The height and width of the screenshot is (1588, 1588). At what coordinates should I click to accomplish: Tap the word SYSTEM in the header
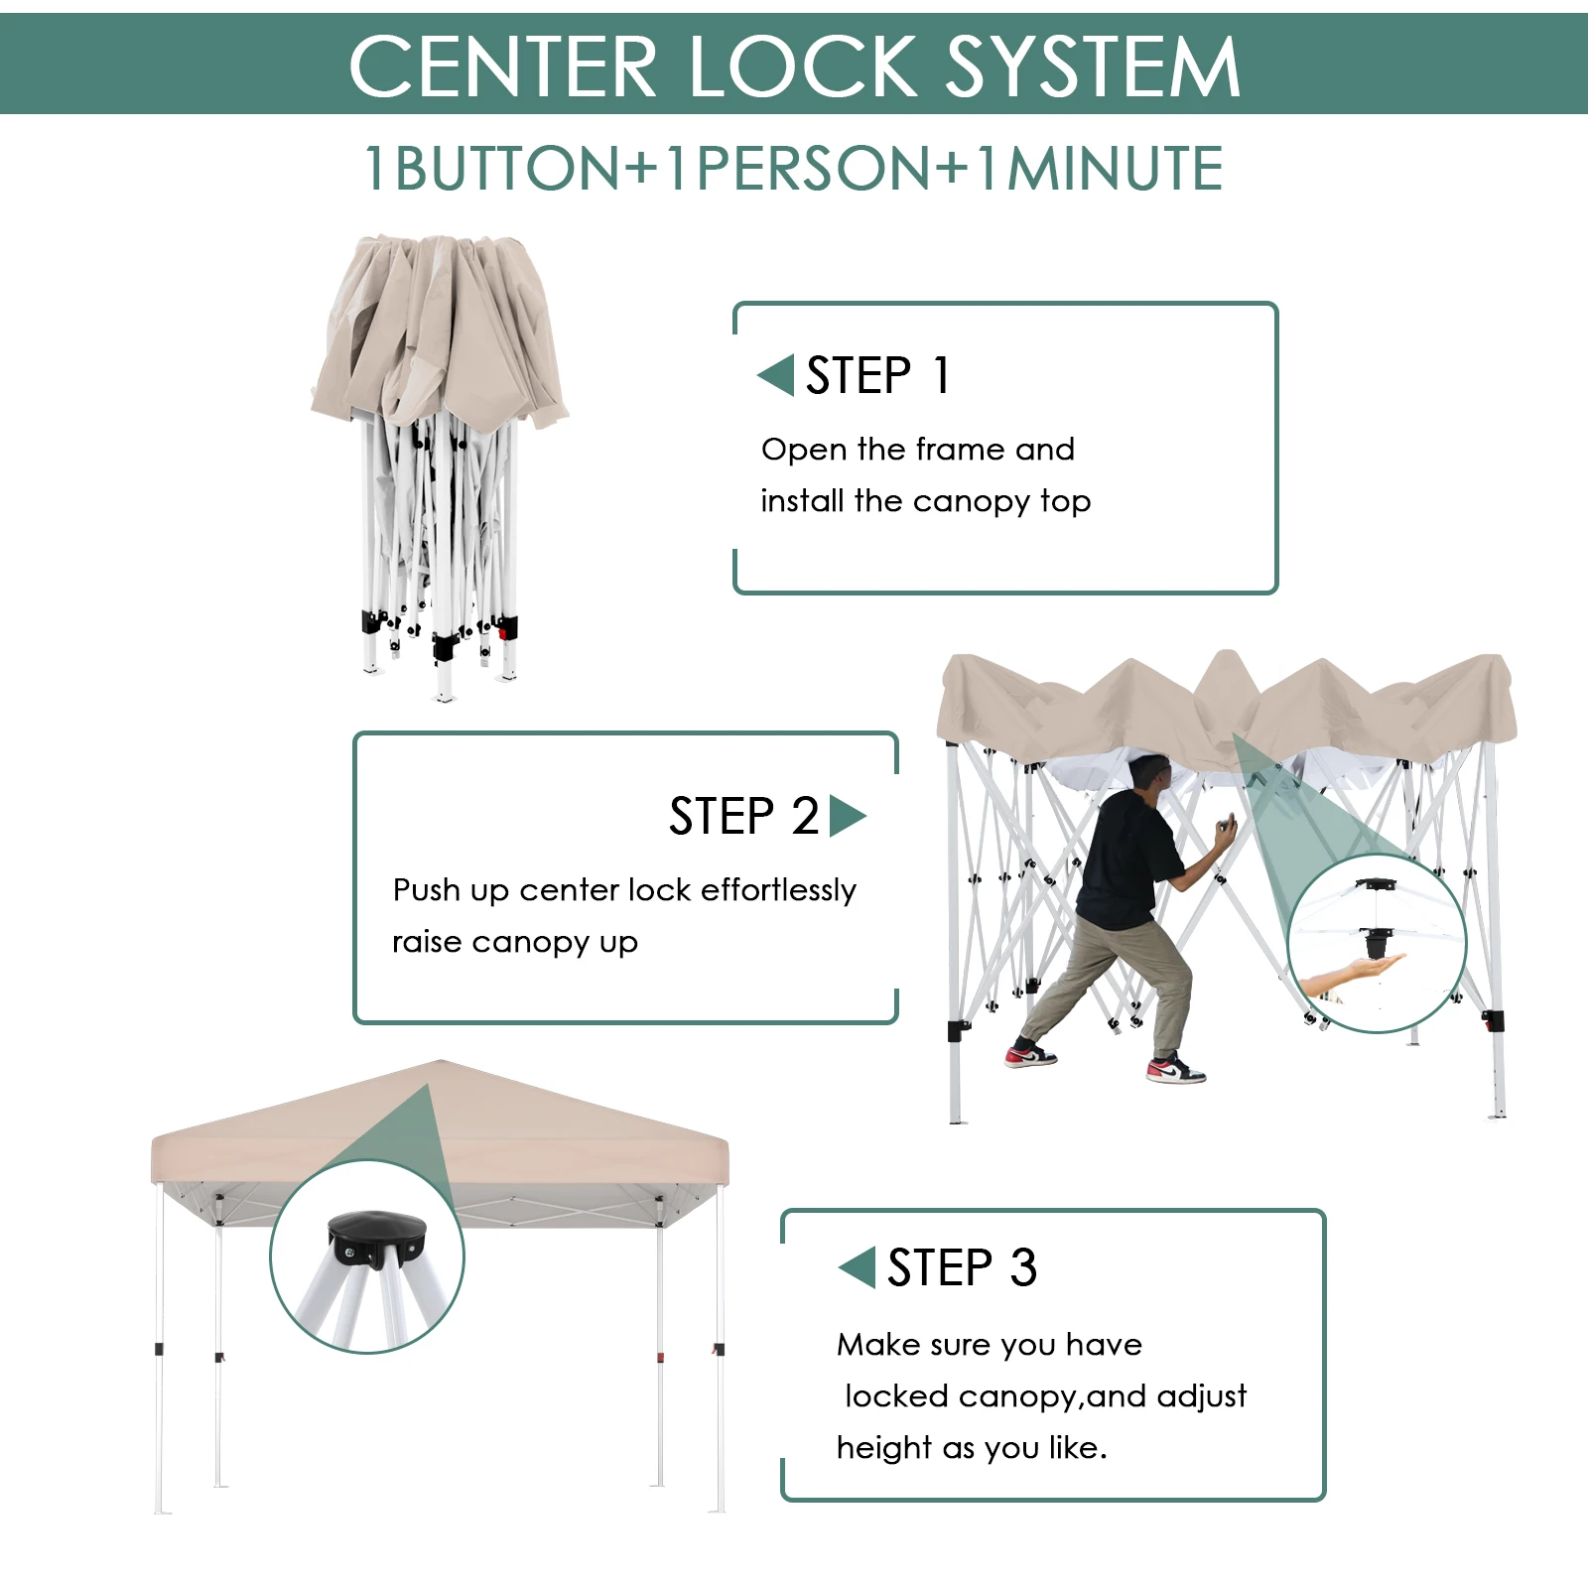[1092, 66]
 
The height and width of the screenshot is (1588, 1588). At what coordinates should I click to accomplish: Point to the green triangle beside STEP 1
[776, 375]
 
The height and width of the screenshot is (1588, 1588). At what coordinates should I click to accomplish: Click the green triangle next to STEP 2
[847, 816]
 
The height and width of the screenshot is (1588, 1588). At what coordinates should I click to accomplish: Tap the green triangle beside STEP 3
[858, 1267]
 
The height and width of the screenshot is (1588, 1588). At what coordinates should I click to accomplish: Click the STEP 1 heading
[877, 375]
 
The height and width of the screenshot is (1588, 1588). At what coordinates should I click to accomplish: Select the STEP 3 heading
[961, 1267]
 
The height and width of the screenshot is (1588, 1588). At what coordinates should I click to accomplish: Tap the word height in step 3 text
[883, 1448]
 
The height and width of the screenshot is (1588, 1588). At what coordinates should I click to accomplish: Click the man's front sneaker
[1177, 1071]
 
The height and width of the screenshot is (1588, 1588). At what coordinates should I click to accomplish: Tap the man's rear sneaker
[1030, 1055]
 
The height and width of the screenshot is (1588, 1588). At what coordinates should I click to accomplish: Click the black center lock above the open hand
[1376, 939]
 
